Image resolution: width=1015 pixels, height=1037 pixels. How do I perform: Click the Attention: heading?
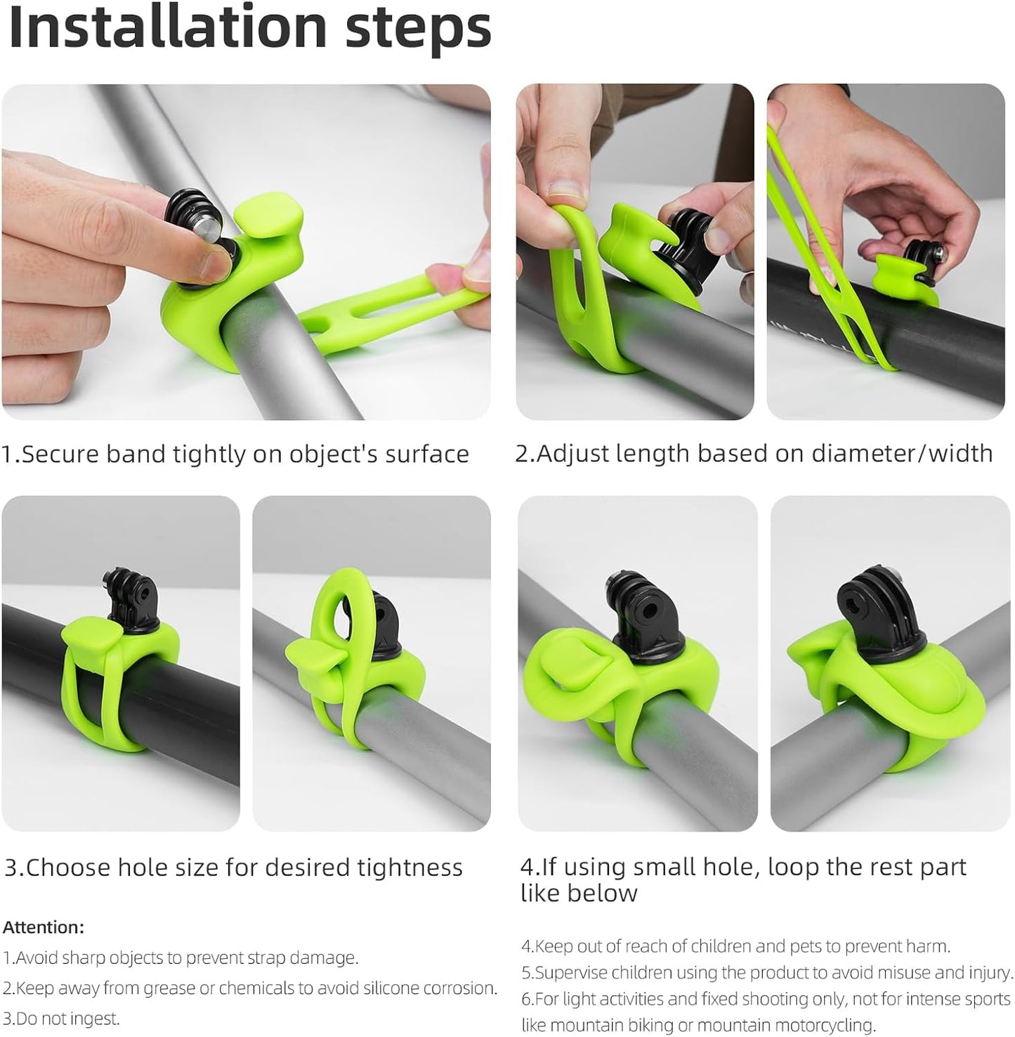(44, 927)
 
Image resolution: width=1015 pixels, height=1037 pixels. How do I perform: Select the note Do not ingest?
(61, 1018)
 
